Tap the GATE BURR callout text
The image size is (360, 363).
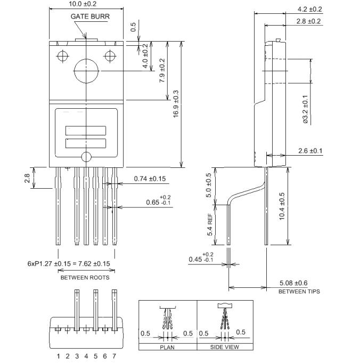click(90, 17)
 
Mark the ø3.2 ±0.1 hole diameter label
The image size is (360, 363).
click(305, 109)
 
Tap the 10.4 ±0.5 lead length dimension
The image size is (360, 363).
click(282, 206)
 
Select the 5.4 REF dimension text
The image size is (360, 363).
click(209, 225)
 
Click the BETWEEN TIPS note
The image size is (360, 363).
click(299, 292)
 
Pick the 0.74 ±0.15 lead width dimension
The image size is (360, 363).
click(150, 179)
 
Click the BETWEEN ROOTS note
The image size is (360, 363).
click(85, 278)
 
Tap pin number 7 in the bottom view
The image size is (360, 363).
click(114, 356)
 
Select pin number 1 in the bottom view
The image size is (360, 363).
click(59, 356)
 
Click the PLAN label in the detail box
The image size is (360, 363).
click(167, 347)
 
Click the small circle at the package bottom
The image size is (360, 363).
click(86, 157)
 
